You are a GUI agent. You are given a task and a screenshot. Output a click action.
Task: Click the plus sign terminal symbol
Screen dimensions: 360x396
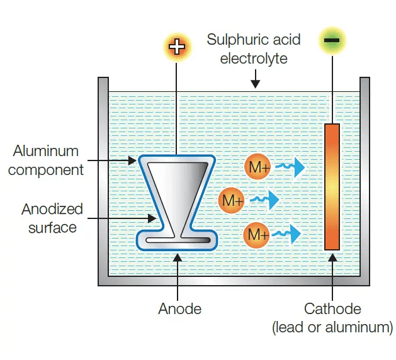[177, 47]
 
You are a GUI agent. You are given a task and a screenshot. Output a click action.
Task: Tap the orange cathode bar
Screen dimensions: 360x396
[332, 186]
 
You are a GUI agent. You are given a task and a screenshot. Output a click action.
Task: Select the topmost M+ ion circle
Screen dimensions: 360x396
[257, 167]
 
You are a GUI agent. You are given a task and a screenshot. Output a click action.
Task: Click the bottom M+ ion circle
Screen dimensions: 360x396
[257, 234]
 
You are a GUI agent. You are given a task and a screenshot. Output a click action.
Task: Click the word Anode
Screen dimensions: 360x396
[179, 309]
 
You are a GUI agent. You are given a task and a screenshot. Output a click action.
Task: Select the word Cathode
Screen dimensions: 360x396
[332, 309]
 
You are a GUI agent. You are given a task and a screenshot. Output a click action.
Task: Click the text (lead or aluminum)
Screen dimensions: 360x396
[332, 327]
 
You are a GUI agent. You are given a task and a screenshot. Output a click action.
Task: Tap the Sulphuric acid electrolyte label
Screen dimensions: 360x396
[254, 49]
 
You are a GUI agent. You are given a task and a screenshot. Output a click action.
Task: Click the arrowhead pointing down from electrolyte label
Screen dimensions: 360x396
[254, 82]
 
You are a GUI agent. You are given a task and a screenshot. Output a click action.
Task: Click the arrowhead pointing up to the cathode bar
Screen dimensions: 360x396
[332, 258]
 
